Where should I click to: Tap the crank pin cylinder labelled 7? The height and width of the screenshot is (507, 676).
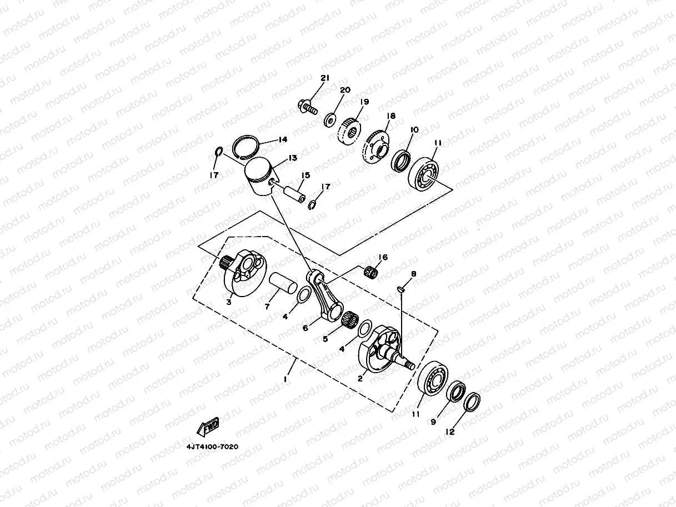(283, 288)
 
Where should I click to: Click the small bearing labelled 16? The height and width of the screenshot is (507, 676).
(372, 273)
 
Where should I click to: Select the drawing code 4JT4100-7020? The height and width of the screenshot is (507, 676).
(213, 446)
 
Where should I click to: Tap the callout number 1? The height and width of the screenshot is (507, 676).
(286, 379)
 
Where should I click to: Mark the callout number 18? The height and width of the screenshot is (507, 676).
(391, 117)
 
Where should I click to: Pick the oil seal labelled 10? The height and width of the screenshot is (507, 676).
(401, 160)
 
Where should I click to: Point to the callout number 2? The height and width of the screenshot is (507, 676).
(360, 378)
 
